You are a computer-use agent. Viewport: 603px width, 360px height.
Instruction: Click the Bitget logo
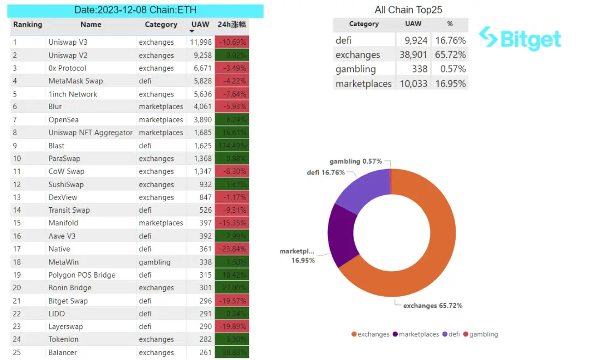click(x=520, y=39)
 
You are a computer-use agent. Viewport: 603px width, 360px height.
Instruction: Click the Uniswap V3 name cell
click(x=68, y=42)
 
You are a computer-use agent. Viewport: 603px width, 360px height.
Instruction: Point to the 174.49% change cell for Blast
click(x=232, y=146)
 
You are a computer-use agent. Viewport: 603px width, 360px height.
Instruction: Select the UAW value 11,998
click(x=200, y=42)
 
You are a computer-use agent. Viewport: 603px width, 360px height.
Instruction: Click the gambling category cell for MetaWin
click(x=154, y=262)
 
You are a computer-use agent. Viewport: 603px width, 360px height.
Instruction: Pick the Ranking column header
click(x=28, y=25)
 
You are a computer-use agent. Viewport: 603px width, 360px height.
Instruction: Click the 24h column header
click(x=232, y=25)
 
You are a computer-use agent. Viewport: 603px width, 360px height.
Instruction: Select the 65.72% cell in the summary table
click(x=450, y=55)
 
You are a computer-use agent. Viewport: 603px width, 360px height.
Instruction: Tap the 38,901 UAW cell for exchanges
click(x=414, y=55)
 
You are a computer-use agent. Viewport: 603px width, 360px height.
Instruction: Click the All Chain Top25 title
click(x=408, y=10)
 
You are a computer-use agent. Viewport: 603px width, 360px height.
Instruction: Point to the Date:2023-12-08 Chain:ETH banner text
click(x=135, y=10)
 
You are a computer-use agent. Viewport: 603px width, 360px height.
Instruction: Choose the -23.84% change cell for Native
click(x=232, y=249)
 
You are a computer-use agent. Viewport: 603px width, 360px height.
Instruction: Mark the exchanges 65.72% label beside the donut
click(x=432, y=305)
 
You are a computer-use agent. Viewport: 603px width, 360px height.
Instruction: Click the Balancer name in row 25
click(x=63, y=352)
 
